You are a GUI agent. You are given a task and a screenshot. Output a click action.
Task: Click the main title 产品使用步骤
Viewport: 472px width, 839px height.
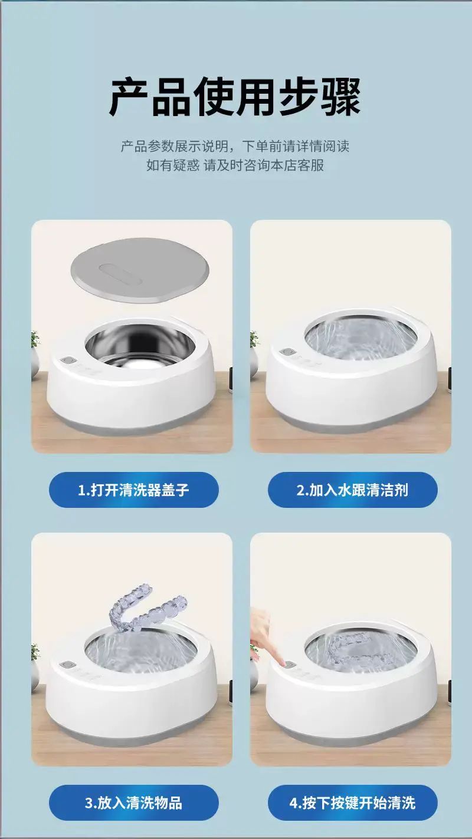(235, 97)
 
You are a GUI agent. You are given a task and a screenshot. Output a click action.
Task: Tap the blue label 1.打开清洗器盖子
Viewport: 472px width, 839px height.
(133, 490)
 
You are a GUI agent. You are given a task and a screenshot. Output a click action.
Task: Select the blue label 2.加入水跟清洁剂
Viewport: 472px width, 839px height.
(352, 490)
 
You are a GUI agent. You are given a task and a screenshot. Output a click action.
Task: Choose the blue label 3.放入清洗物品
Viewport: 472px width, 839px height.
(133, 802)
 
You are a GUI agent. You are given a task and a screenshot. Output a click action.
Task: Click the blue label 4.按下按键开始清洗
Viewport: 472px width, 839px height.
(352, 802)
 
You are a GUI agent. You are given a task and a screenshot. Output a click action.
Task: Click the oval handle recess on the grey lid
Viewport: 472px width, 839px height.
(120, 274)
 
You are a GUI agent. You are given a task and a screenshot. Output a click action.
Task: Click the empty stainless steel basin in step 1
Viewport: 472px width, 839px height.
(139, 345)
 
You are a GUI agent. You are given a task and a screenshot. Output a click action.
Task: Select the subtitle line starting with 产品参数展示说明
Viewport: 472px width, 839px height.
(235, 146)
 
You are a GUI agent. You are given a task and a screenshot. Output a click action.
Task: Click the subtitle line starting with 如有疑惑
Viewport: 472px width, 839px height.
(235, 165)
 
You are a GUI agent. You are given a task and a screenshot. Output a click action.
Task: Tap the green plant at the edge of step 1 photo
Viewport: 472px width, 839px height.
(35, 339)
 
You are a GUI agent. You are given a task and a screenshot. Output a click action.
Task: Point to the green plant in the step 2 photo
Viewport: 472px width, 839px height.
(254, 339)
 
